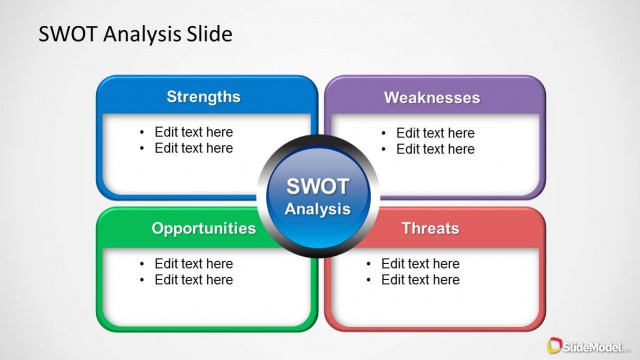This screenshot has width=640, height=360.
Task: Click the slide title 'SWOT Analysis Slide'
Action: pos(135,34)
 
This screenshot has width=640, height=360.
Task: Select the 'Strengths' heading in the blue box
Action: pos(203,97)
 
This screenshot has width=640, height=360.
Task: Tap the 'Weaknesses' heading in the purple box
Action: pos(432,97)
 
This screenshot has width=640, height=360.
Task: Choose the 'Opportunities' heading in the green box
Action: pos(203,228)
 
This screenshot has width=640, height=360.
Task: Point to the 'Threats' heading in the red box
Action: pos(430,228)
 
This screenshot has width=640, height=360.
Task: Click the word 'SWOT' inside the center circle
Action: pos(318,187)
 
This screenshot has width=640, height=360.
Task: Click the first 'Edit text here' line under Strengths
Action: pos(193,132)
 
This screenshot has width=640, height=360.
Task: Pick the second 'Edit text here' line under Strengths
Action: pos(193,148)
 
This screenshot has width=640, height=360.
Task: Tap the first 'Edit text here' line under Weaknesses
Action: pos(435,132)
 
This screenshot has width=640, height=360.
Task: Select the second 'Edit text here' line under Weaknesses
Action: pos(435,149)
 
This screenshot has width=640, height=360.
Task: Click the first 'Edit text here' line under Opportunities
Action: pos(193,264)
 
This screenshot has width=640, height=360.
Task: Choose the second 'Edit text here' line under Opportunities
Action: pos(193,280)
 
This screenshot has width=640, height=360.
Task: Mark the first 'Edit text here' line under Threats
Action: pos(420,264)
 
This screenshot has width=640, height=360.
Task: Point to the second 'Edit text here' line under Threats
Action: pos(420,280)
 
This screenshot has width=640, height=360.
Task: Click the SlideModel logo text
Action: pos(596,344)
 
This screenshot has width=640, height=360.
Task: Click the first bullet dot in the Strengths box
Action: pos(143,132)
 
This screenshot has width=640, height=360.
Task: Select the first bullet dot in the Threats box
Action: pos(370,264)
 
